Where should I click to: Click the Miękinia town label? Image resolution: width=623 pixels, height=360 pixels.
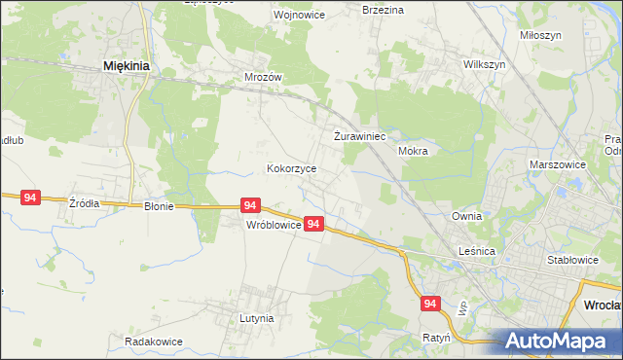click(x=126, y=66)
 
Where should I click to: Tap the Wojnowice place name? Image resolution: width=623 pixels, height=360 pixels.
click(x=271, y=16)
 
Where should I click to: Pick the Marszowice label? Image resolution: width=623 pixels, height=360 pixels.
click(x=558, y=165)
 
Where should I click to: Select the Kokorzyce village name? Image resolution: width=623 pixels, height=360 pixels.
click(x=292, y=168)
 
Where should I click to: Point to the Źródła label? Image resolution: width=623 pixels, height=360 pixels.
click(x=84, y=203)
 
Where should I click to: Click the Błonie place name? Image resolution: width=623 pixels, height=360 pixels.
click(x=159, y=206)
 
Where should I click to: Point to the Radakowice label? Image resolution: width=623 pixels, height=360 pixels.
click(x=154, y=342)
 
